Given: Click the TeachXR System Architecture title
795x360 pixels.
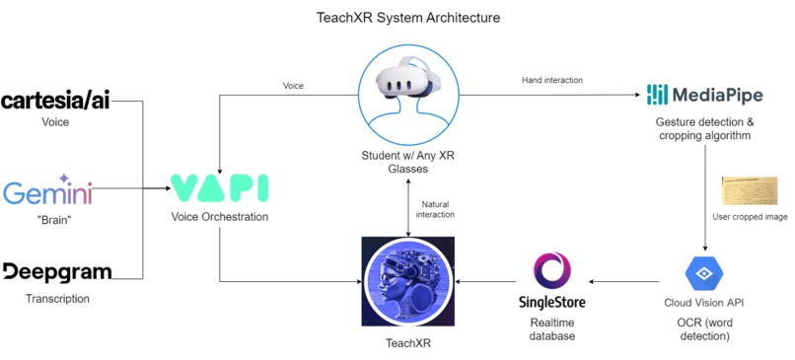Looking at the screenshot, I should point(397,17).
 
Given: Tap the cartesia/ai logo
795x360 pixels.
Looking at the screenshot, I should point(55,101).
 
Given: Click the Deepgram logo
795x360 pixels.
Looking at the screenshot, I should point(56,272).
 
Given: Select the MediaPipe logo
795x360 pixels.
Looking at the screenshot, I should point(703,95).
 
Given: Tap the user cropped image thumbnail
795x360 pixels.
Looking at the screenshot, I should point(750,190).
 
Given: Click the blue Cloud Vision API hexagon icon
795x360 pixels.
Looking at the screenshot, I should point(704,272).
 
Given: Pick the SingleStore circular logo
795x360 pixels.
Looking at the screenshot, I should point(551,269).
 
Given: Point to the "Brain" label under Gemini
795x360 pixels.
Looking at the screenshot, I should point(55,218).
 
